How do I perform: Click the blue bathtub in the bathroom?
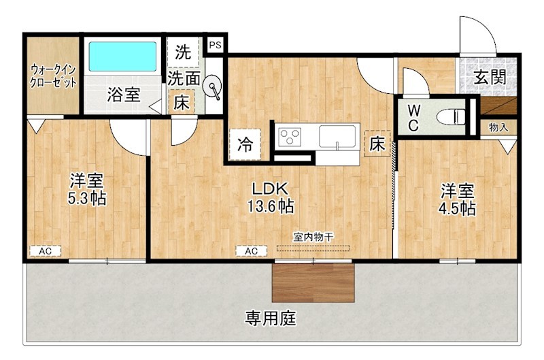[123, 58]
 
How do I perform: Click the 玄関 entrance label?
[490, 77]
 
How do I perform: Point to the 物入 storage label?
[498, 127]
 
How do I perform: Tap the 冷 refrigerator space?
[245, 144]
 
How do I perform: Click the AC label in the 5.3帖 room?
[45, 251]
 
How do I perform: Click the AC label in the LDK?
[251, 251]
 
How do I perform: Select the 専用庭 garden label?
[271, 318]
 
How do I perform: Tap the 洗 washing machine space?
[183, 50]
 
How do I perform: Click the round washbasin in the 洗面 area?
[214, 89]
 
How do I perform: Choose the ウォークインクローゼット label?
[53, 76]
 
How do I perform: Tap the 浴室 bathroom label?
[123, 95]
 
